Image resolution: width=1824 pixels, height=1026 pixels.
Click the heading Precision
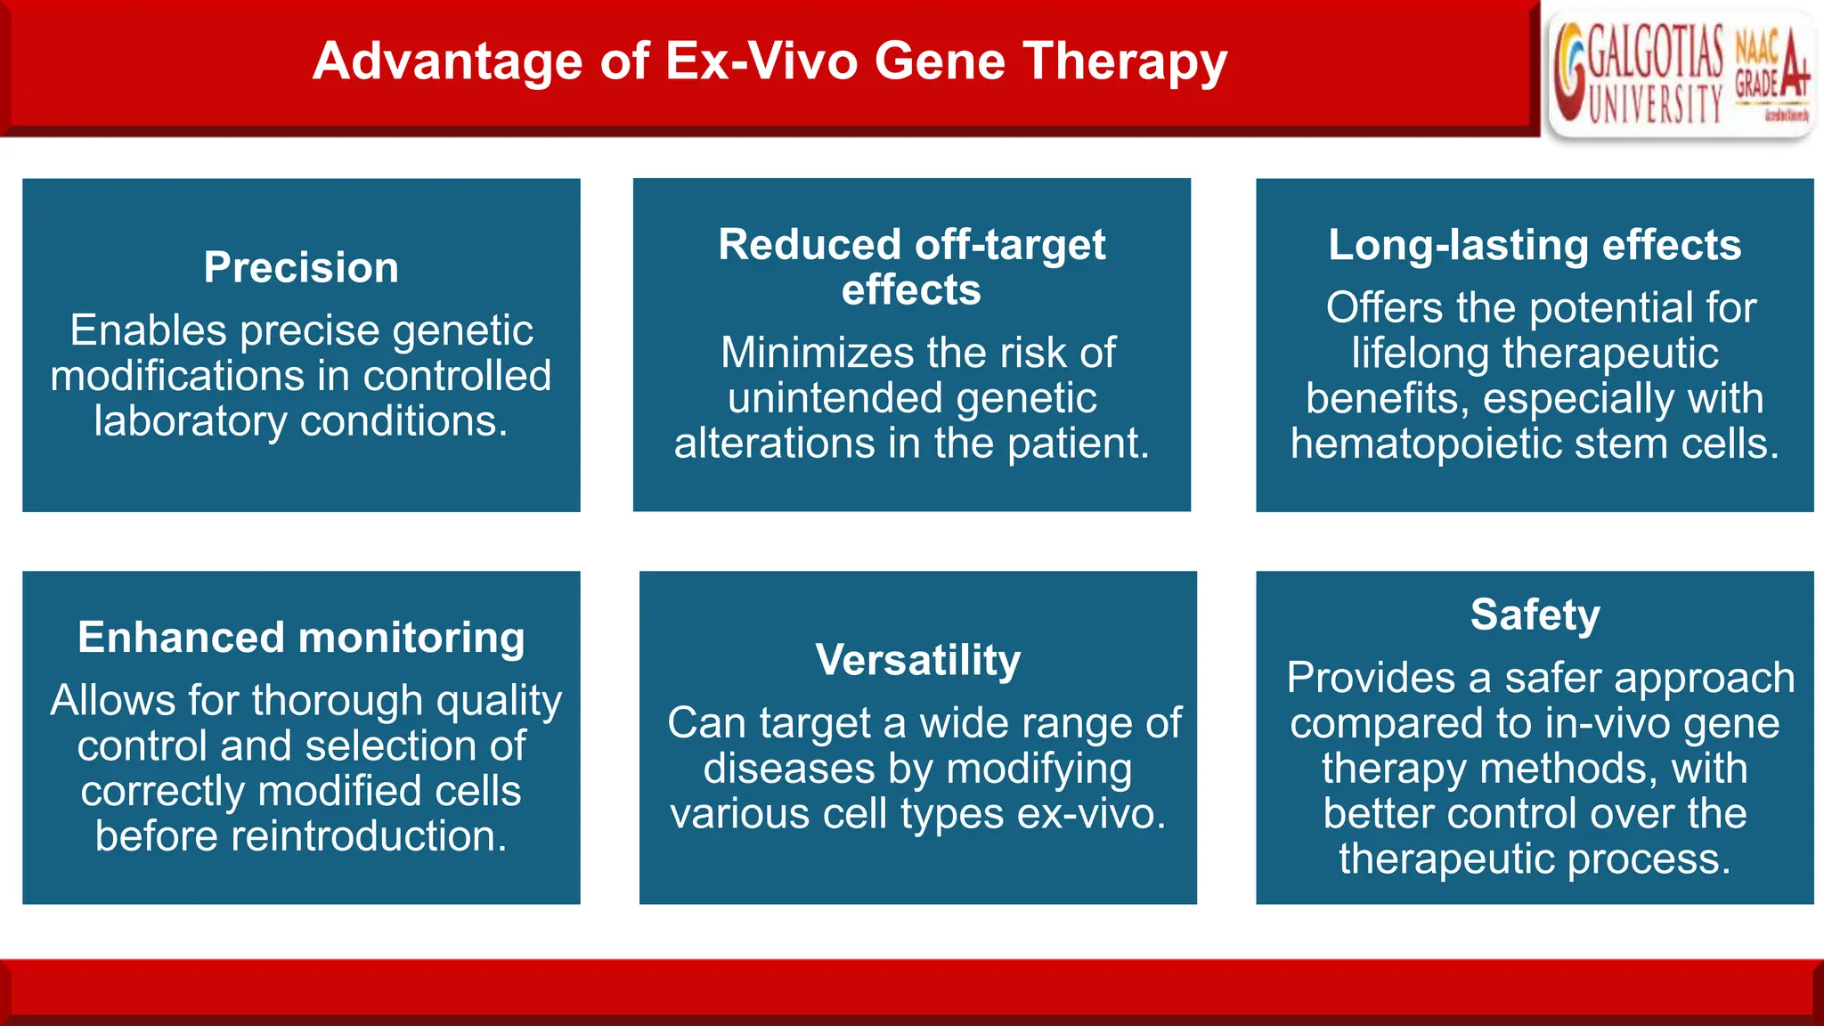click(x=301, y=267)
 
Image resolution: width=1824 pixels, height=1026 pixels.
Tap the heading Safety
click(x=1535, y=615)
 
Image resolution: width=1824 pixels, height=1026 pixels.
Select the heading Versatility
click(x=917, y=660)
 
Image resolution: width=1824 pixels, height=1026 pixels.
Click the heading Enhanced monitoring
click(x=301, y=637)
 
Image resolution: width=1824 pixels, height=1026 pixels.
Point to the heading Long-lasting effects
click(x=1535, y=245)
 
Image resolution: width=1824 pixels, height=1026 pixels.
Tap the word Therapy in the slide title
click(x=1125, y=61)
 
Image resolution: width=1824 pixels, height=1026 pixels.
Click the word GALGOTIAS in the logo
click(x=1655, y=53)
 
